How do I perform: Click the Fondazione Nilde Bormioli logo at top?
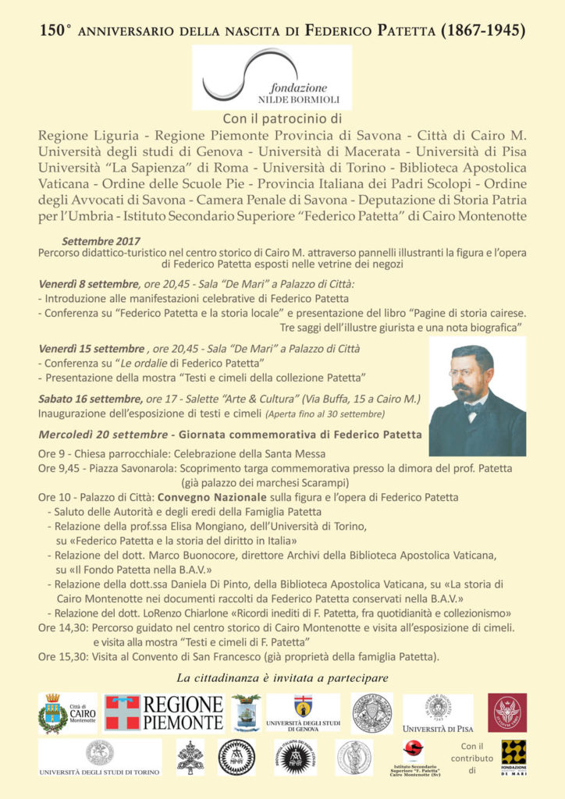coord(272,77)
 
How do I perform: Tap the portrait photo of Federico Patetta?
coord(477,396)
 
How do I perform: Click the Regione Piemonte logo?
coord(164,712)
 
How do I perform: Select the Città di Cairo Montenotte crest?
coord(67,712)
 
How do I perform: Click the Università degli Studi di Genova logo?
coord(302,712)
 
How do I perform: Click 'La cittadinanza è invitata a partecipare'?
coord(282,676)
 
